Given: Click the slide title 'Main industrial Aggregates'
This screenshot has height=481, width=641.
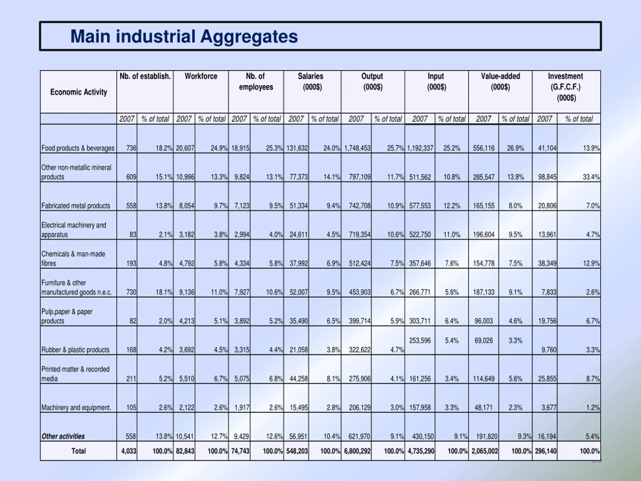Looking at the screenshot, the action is tap(184, 37).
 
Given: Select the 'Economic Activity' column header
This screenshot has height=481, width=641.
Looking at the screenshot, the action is tap(79, 92).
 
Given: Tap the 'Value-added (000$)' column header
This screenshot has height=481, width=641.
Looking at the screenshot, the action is tap(500, 81).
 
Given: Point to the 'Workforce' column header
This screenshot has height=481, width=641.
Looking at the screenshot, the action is tap(201, 76).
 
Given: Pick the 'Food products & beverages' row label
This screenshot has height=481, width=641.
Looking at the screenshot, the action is tap(78, 148).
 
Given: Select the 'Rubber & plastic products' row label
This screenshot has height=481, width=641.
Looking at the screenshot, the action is tap(75, 350).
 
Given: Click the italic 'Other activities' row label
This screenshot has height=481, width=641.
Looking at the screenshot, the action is tap(63, 436).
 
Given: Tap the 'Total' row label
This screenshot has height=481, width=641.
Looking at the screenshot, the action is tap(79, 451).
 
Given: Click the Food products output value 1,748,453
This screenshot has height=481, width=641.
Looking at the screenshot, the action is tap(357, 148).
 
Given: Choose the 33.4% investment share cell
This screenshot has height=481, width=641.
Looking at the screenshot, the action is tap(591, 177).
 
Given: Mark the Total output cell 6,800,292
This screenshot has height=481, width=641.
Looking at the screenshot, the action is tap(357, 451).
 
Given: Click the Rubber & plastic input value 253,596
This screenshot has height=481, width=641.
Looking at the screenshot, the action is tap(420, 340).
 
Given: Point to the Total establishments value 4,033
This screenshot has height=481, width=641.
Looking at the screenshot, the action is tap(129, 451).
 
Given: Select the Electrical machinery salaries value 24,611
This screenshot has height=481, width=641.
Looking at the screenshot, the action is tap(298, 234).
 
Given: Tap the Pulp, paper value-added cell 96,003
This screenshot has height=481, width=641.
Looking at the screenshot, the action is tap(484, 321).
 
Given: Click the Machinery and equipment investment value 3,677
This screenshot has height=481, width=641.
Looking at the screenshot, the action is tap(549, 408).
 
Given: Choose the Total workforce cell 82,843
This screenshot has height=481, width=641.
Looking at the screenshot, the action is tap(185, 451).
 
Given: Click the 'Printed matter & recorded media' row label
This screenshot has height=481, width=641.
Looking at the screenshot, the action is tap(75, 374).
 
